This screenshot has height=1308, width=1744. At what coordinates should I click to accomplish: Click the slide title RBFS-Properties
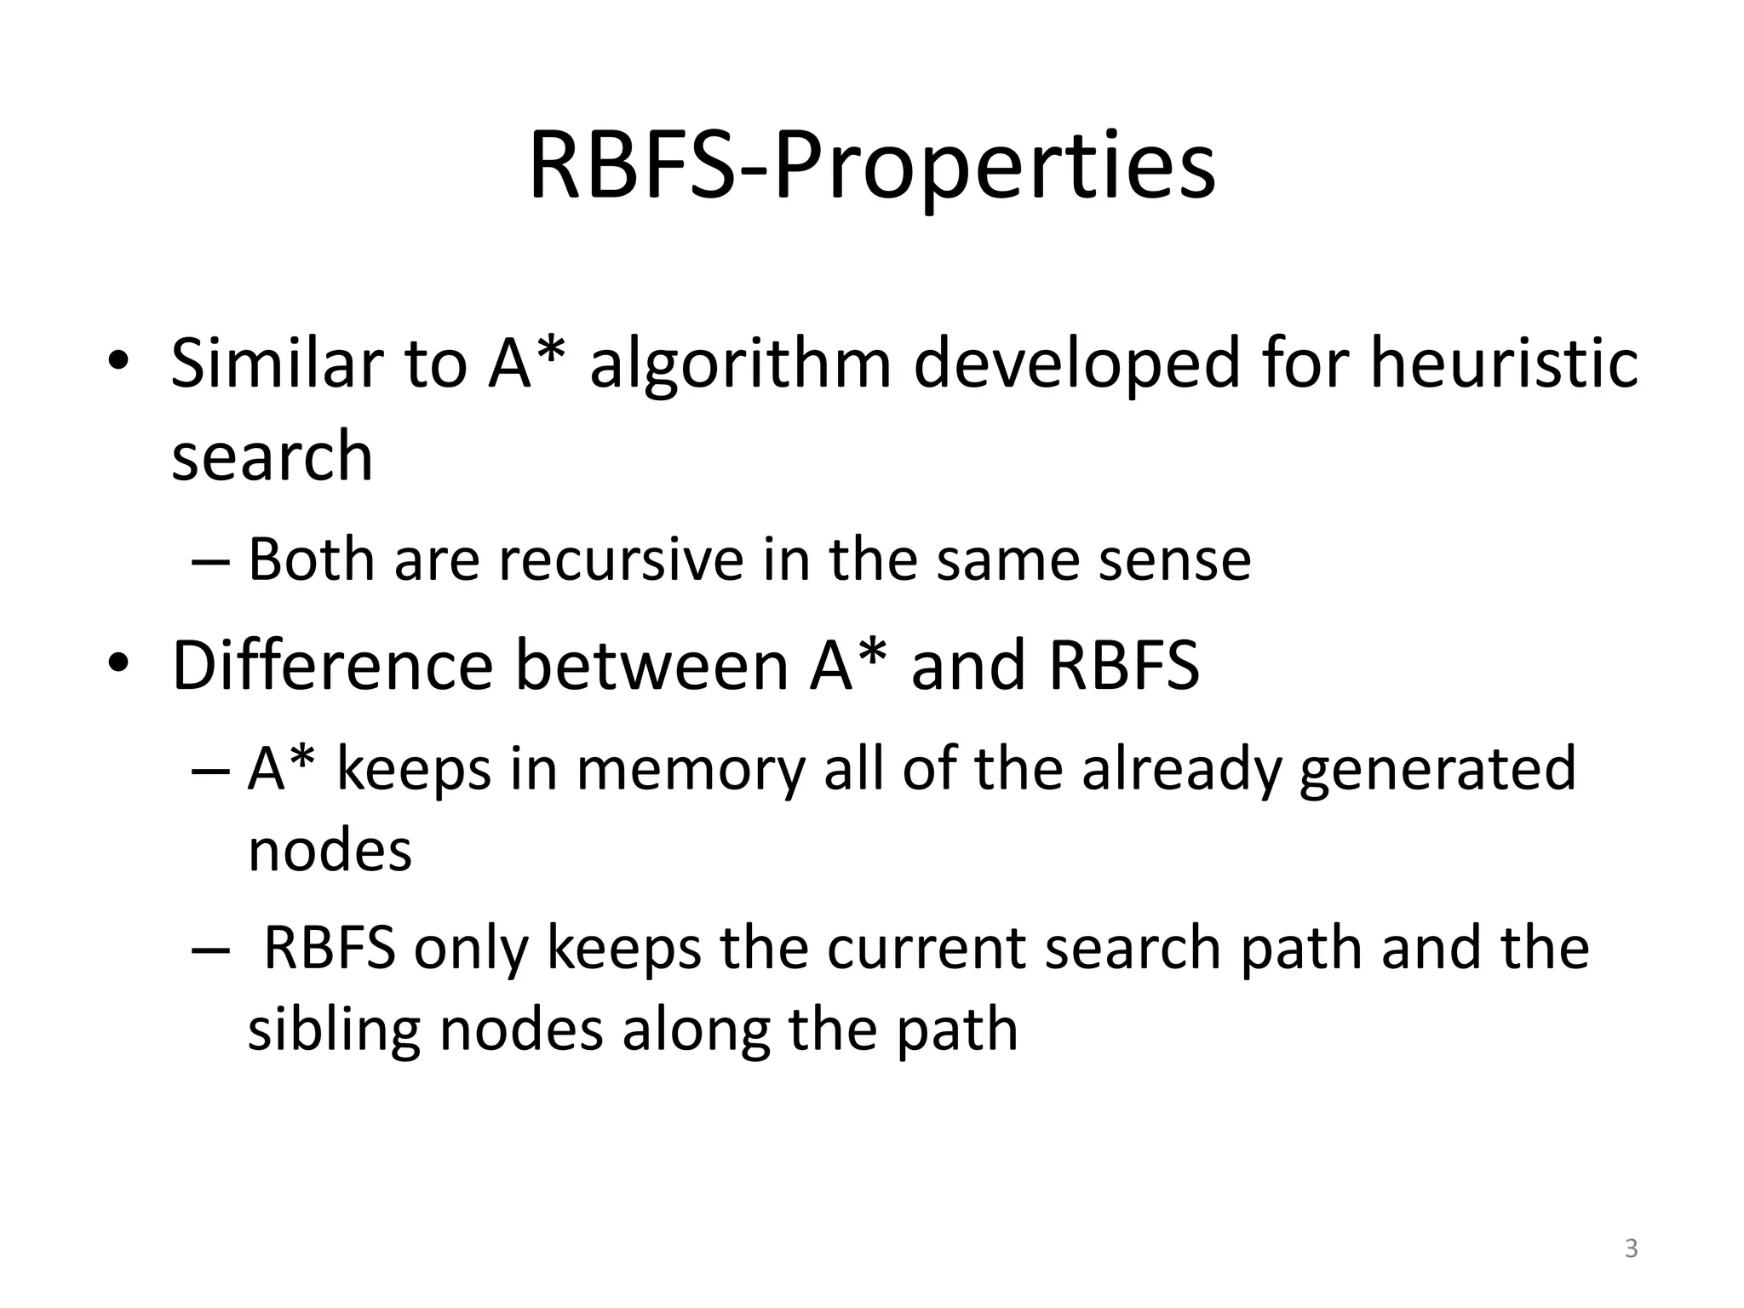point(872,167)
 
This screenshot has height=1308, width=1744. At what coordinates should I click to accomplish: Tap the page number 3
point(1631,1248)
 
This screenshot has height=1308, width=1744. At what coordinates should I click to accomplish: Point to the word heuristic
point(1504,364)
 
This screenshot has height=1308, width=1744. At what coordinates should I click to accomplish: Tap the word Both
point(311,560)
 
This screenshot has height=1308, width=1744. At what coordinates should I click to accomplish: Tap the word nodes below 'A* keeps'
point(330,852)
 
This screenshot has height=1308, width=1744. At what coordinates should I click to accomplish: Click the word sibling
point(334,1030)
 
